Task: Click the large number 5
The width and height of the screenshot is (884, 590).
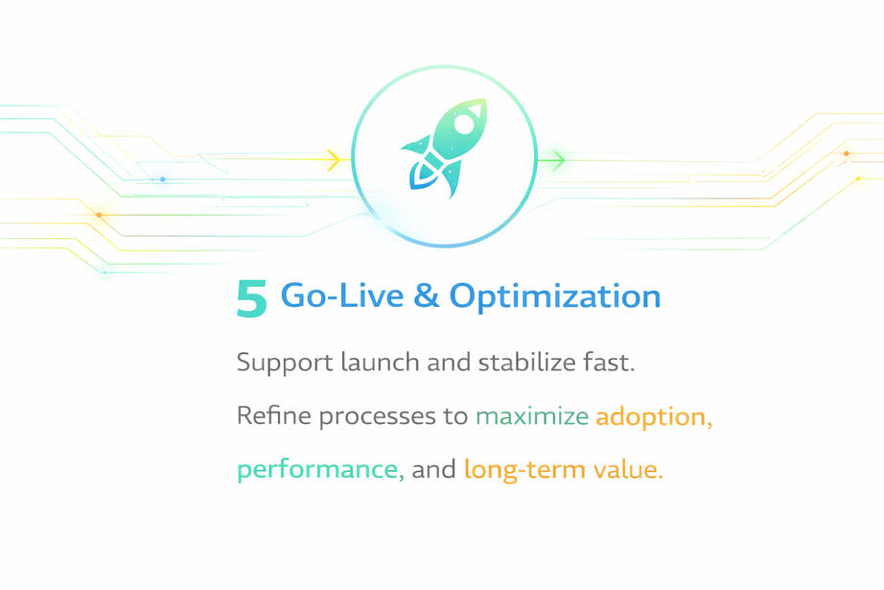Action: point(251,299)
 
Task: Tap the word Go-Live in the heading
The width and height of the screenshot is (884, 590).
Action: point(342,295)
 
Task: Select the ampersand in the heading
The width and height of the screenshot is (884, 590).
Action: point(427,295)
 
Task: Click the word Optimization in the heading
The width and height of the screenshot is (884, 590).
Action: point(555,296)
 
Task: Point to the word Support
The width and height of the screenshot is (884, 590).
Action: point(285,363)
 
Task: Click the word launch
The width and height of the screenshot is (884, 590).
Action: point(380,362)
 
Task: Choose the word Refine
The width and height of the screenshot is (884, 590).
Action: point(274,415)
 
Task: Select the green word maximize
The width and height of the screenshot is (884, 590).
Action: point(532,416)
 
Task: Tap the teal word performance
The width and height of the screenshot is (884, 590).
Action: point(320,470)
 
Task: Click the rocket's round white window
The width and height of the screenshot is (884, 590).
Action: point(464,124)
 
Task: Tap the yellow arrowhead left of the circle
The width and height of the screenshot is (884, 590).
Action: point(334,159)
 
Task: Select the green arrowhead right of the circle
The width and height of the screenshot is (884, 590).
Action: point(558,160)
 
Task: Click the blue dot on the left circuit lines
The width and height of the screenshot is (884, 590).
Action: point(163,179)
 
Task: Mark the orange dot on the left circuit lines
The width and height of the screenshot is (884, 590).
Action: point(99,215)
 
